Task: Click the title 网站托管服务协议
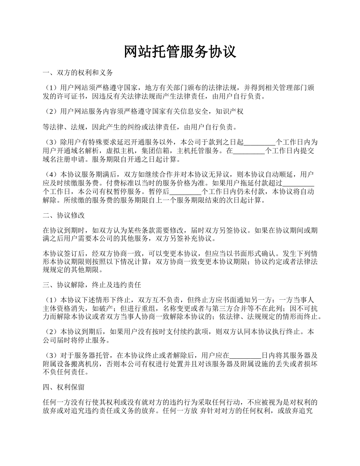pyautogui.click(x=180, y=52)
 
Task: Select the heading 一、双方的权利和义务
pyautogui.click(x=78, y=72)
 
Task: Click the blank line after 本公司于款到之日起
pyautogui.click(x=259, y=143)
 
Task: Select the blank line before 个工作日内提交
pyautogui.click(x=249, y=151)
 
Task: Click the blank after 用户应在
pyautogui.click(x=246, y=356)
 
